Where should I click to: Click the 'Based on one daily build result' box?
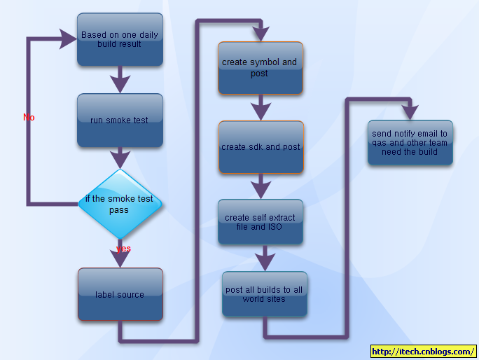[x=120, y=39]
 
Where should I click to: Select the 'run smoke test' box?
[x=120, y=120]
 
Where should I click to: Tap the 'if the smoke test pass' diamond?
[x=120, y=204]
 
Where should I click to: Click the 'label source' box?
[x=120, y=294]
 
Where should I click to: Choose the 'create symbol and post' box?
[x=260, y=67]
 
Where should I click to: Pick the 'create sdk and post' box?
[x=261, y=147]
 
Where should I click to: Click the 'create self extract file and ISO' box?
[x=260, y=222]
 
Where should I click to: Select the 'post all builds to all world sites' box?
[x=264, y=294]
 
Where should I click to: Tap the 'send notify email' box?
[x=410, y=143]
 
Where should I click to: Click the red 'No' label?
[x=29, y=118]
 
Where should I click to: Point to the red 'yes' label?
[x=123, y=249]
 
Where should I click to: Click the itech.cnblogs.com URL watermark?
[x=422, y=352]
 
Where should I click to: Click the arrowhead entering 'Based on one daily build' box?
[x=68, y=39]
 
